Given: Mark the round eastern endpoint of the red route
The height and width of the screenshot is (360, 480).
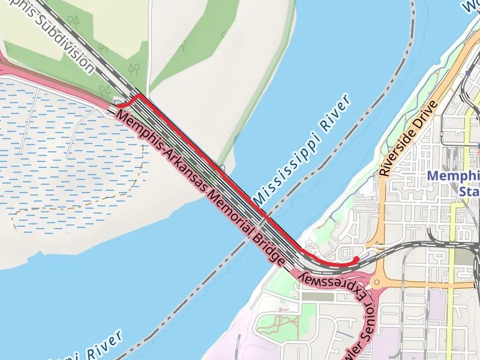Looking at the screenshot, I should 356,259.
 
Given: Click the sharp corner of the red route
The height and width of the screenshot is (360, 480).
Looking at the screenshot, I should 139,95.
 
